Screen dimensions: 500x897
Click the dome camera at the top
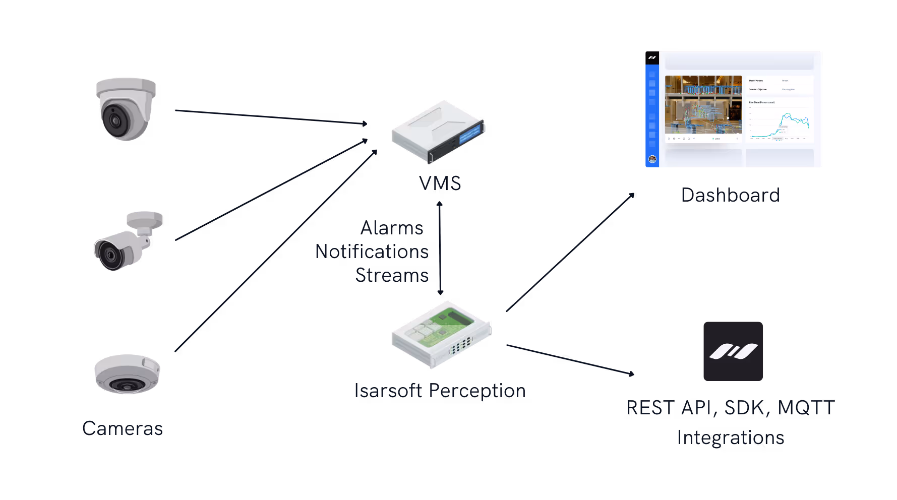click(126, 108)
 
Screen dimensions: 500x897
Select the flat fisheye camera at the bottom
click(127, 374)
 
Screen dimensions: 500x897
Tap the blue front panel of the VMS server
click(469, 135)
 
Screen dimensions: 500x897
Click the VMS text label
click(440, 183)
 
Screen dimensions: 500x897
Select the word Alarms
click(392, 228)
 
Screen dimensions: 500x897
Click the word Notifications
click(372, 252)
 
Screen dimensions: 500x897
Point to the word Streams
click(392, 275)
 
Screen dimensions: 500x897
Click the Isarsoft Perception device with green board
click(441, 334)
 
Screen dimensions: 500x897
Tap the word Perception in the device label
click(477, 391)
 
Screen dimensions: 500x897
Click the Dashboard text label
click(730, 195)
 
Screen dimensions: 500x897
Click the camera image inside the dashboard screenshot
click(703, 104)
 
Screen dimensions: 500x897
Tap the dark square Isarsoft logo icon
click(733, 351)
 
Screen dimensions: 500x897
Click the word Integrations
click(730, 437)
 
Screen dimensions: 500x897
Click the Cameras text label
click(123, 428)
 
